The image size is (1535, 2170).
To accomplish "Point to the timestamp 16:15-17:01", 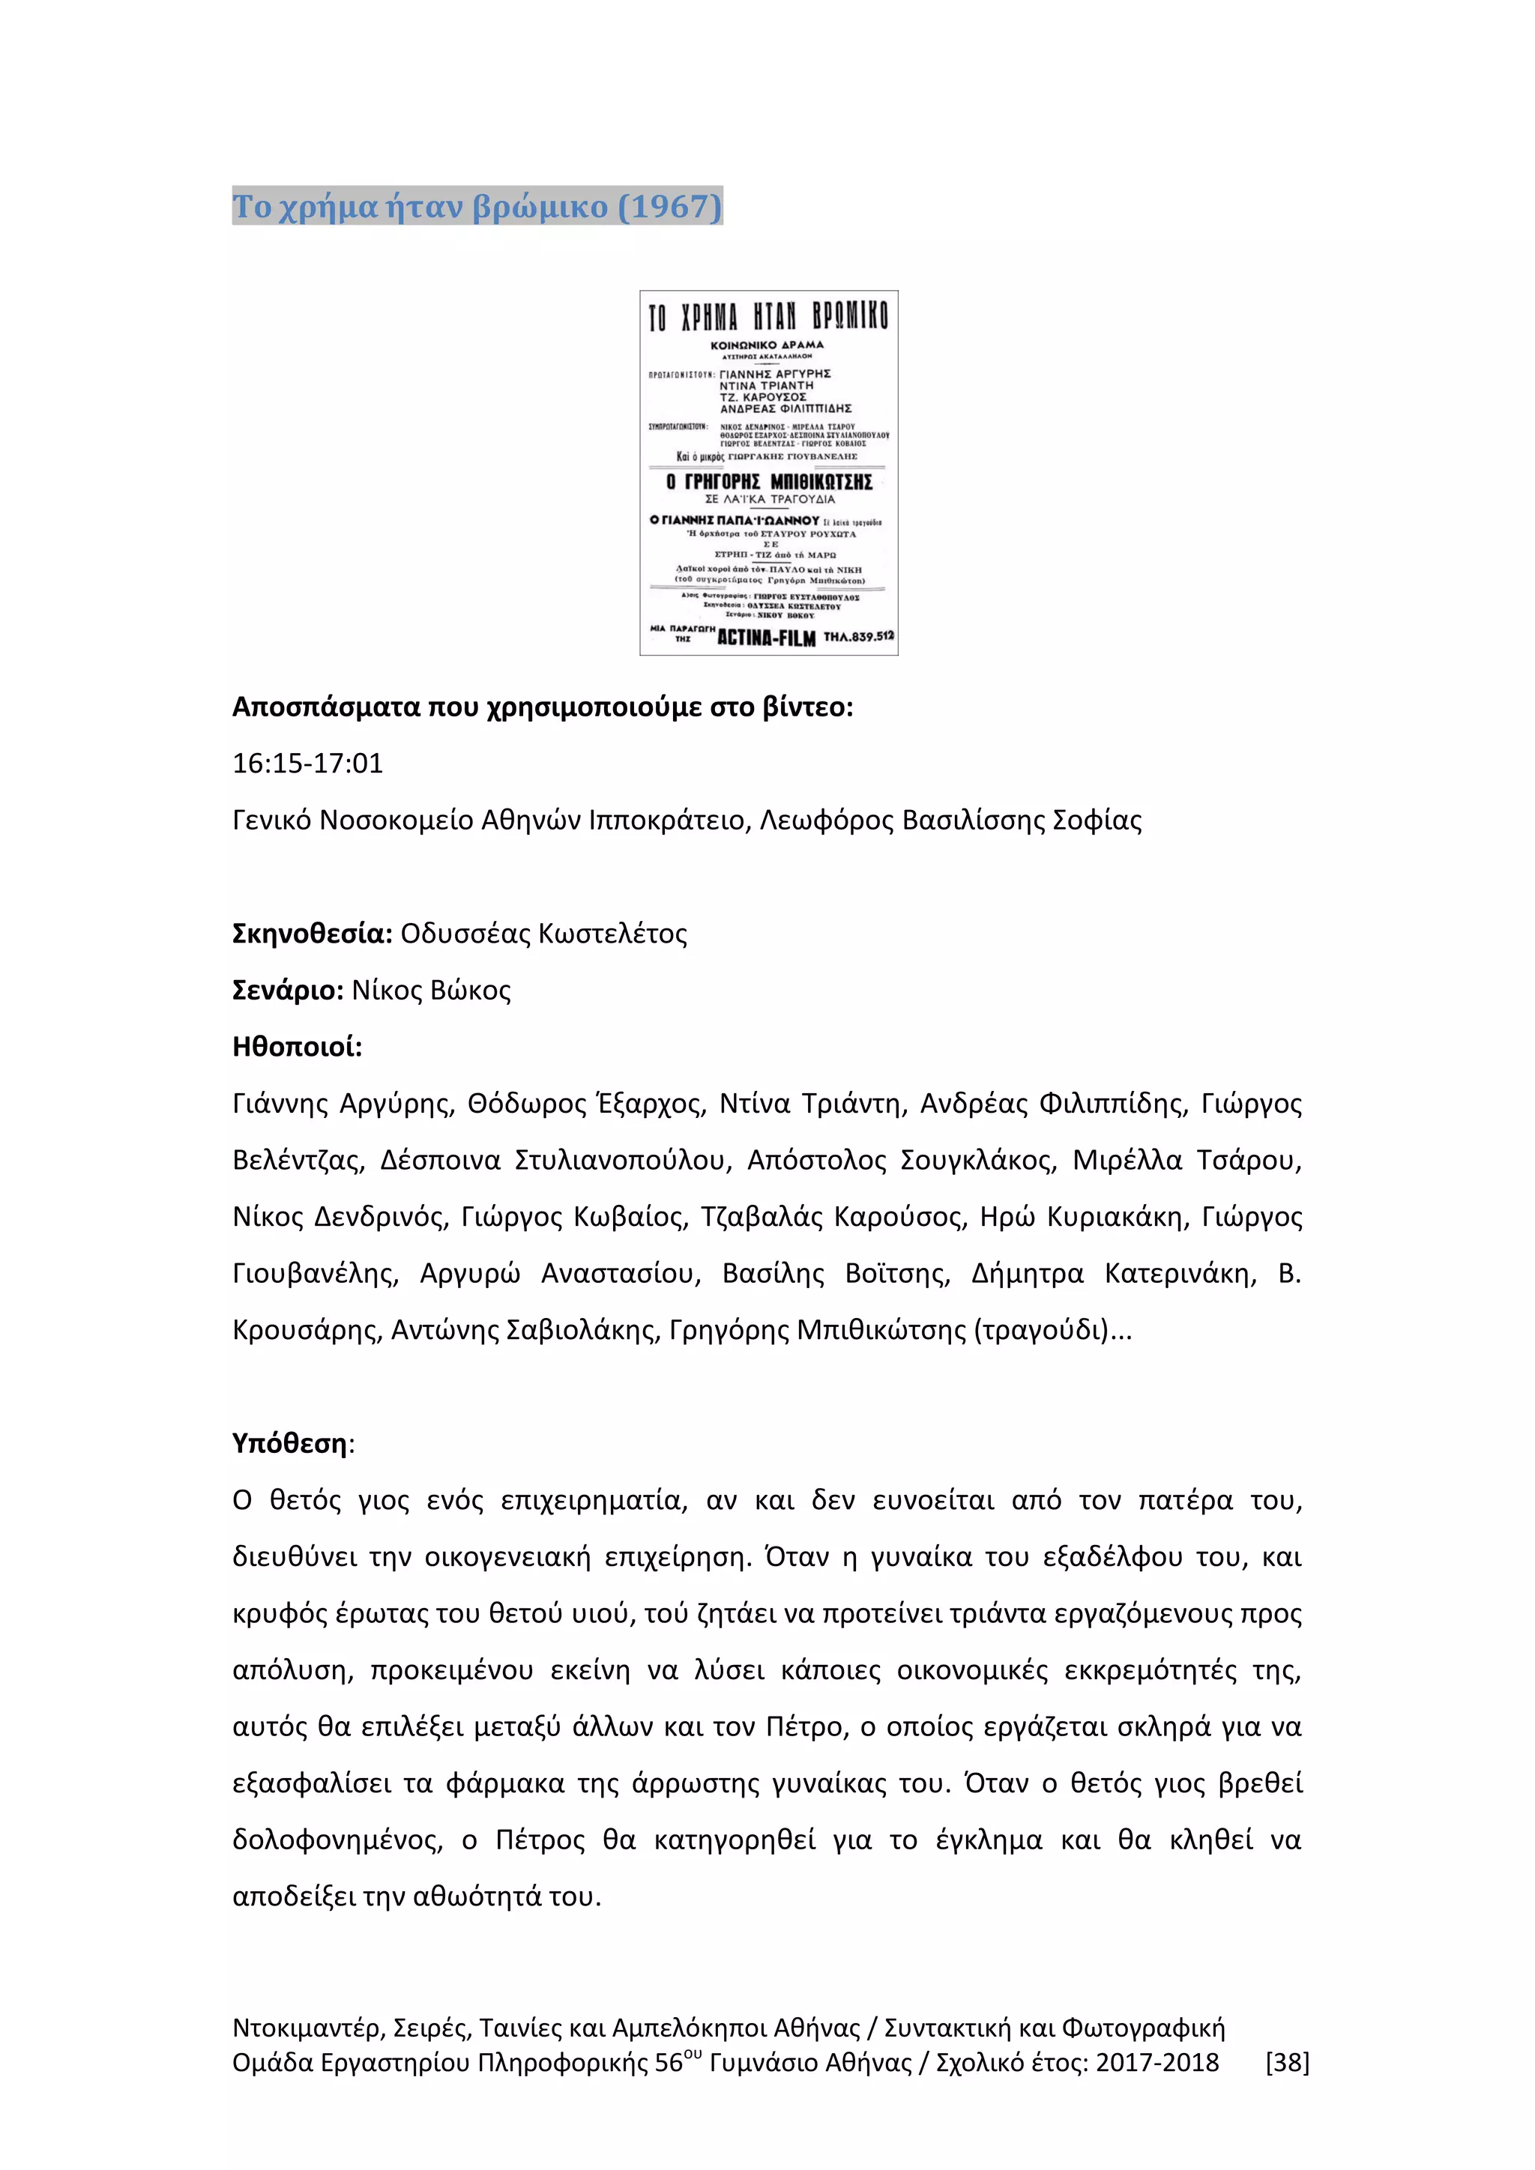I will (x=308, y=764).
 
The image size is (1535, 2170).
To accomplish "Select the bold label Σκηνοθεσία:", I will (x=312, y=934).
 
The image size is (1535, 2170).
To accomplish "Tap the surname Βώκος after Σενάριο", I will (x=470, y=991).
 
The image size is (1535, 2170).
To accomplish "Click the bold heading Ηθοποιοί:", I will (x=298, y=1048).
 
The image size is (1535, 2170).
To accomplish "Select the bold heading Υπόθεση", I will (x=290, y=1443).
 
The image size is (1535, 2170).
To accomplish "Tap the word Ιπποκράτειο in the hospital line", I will (x=666, y=820).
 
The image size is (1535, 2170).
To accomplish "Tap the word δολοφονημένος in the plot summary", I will (x=337, y=1840).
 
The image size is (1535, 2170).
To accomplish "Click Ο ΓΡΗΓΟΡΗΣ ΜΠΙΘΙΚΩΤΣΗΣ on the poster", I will (x=768, y=482).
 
